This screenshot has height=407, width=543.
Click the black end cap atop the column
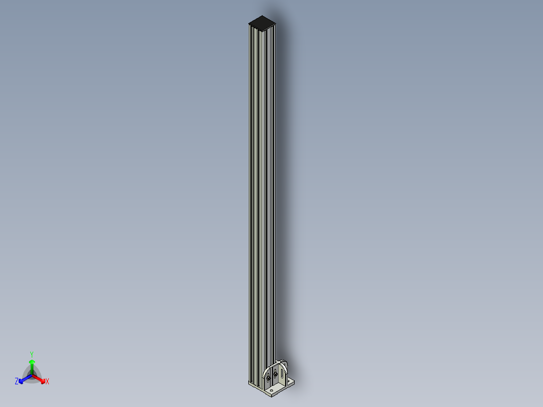click(262, 22)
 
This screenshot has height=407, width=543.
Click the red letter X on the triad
click(47, 382)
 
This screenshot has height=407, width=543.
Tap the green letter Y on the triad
click(32, 354)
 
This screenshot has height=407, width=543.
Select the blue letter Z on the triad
click(17, 381)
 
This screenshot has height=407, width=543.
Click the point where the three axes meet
click(32, 375)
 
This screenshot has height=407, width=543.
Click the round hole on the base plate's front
click(272, 389)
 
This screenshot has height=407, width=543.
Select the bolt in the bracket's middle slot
click(276, 374)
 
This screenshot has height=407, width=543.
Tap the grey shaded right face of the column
click(269, 201)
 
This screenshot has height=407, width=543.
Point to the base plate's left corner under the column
click(248, 384)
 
